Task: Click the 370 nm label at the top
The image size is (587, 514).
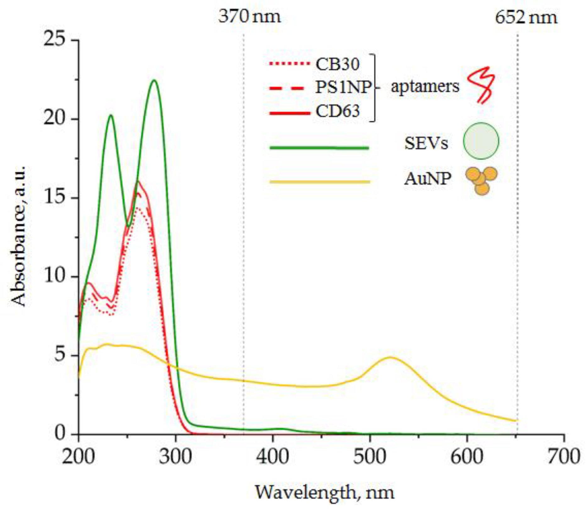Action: pos(249,16)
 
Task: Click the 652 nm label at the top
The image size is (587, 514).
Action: pos(526,17)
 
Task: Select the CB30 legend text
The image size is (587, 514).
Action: pos(337,64)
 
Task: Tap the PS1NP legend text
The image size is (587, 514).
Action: pos(343,87)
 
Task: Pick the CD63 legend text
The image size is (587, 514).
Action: pos(337,111)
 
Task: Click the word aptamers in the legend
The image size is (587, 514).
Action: pos(425,86)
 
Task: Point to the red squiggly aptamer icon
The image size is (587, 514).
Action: pos(481,84)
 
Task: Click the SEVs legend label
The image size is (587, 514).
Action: pos(426,144)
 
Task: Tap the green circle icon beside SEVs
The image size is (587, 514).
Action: pos(480,141)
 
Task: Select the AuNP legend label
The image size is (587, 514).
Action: pos(427,179)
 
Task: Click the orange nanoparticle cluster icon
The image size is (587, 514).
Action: pos(481,180)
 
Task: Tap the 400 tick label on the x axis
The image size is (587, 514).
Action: pos(272,456)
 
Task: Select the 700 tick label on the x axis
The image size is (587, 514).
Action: pos(564,456)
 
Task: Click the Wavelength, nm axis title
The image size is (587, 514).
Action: pos(324,492)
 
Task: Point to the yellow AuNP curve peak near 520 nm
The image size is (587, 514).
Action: pos(390,357)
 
